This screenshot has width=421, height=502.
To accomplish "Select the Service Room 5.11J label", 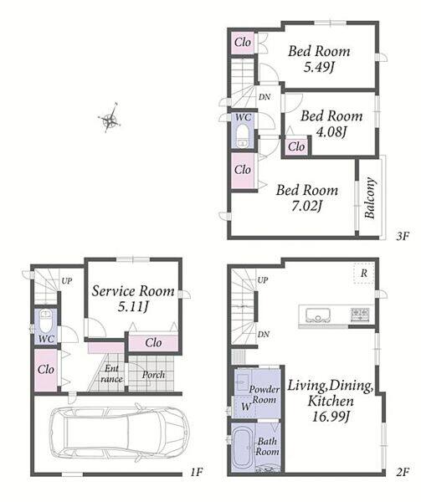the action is [133, 299].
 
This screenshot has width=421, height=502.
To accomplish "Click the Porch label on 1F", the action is [153, 375].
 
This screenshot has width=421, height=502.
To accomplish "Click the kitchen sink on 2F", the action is [318, 315].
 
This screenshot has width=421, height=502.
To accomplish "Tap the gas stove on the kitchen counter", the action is [361, 314].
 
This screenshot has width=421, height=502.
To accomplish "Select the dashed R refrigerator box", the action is [364, 273].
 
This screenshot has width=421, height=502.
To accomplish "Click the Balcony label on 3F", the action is [370, 197].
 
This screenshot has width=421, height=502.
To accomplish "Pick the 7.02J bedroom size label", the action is [306, 206].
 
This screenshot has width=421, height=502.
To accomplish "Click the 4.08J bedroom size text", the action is [331, 131].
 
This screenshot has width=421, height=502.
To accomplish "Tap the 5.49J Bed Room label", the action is [319, 59].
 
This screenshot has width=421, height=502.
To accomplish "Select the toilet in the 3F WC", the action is [243, 136].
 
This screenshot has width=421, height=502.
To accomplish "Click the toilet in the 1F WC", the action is [46, 321].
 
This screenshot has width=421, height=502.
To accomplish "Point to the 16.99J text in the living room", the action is [331, 417].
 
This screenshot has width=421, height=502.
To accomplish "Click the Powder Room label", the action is [264, 394].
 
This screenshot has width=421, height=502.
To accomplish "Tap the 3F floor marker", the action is [403, 236].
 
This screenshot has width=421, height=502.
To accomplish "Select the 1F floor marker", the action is [196, 472].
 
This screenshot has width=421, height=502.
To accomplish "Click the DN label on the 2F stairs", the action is [263, 335].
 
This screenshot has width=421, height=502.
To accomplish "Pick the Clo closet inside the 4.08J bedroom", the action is [296, 146].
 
